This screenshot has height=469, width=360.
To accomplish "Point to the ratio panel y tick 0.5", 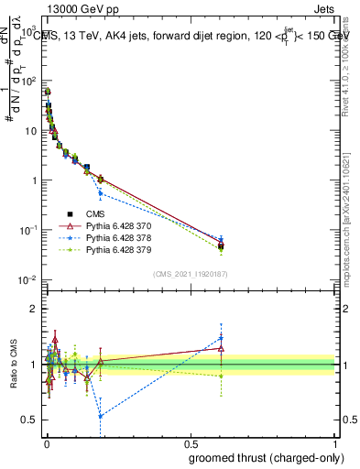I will (x=30, y=420).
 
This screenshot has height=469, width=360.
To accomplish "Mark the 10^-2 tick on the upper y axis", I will (x=27, y=279).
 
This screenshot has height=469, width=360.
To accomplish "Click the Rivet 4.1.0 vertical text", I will (x=352, y=64).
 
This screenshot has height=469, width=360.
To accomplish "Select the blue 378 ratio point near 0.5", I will (x=100, y=416).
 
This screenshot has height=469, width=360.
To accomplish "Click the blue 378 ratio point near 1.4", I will (x=221, y=339).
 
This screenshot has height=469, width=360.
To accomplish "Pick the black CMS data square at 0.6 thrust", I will (x=221, y=246).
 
